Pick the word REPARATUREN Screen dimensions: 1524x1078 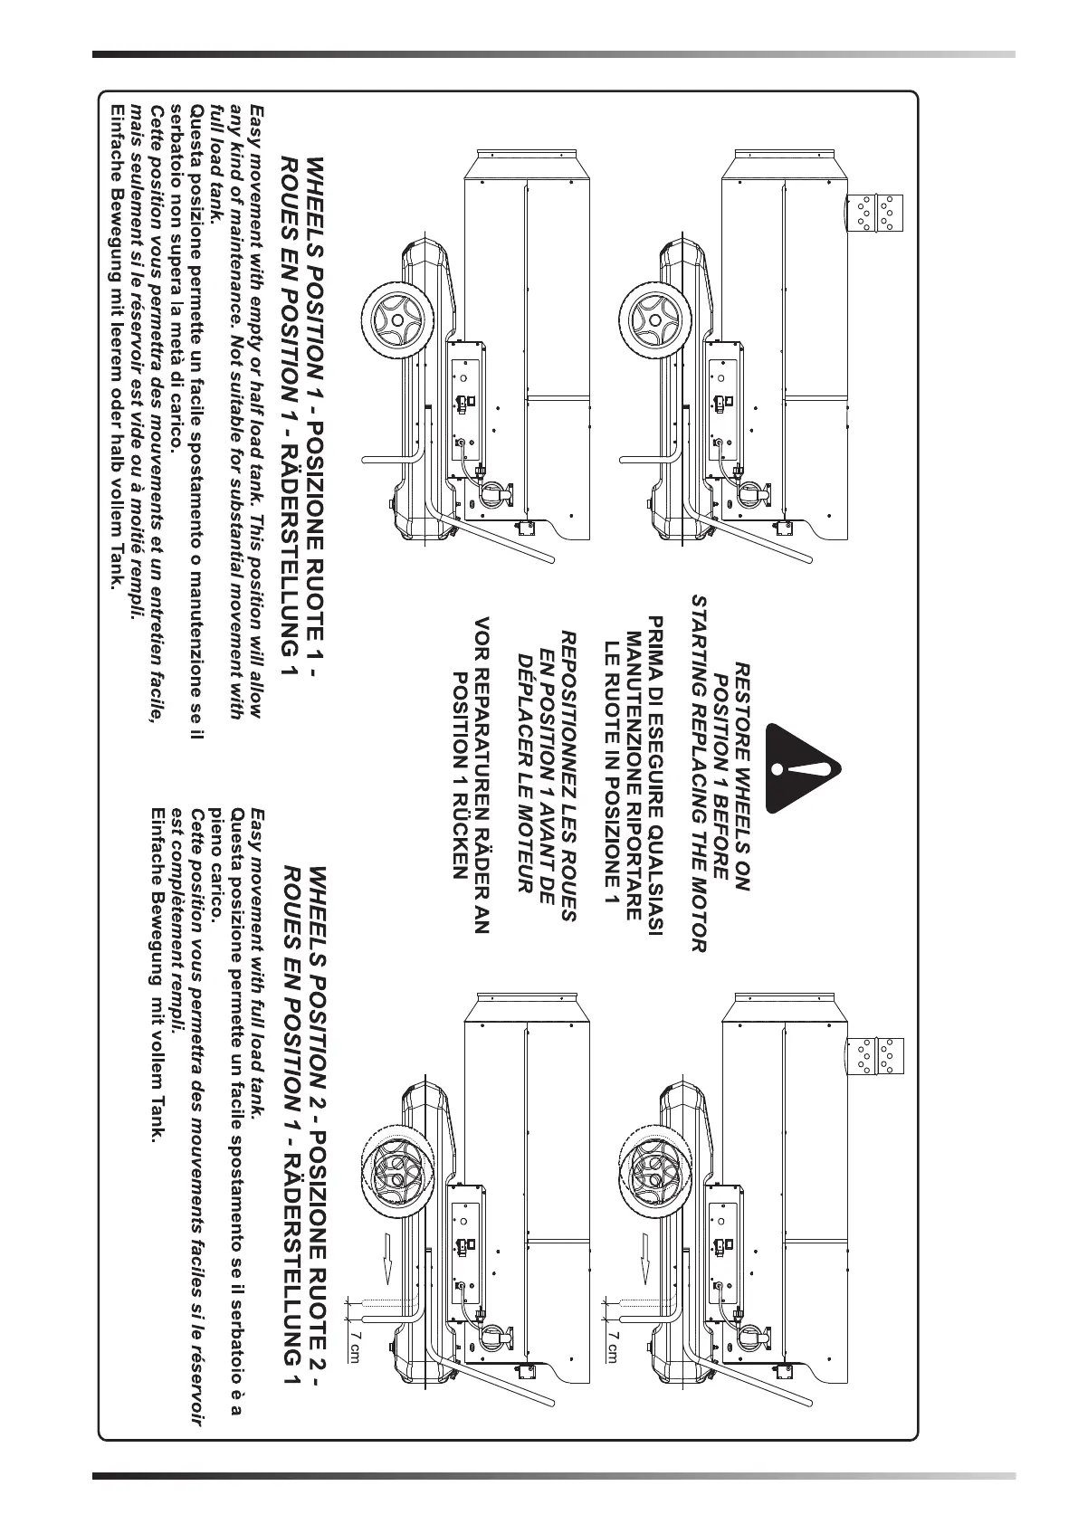[482, 737]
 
